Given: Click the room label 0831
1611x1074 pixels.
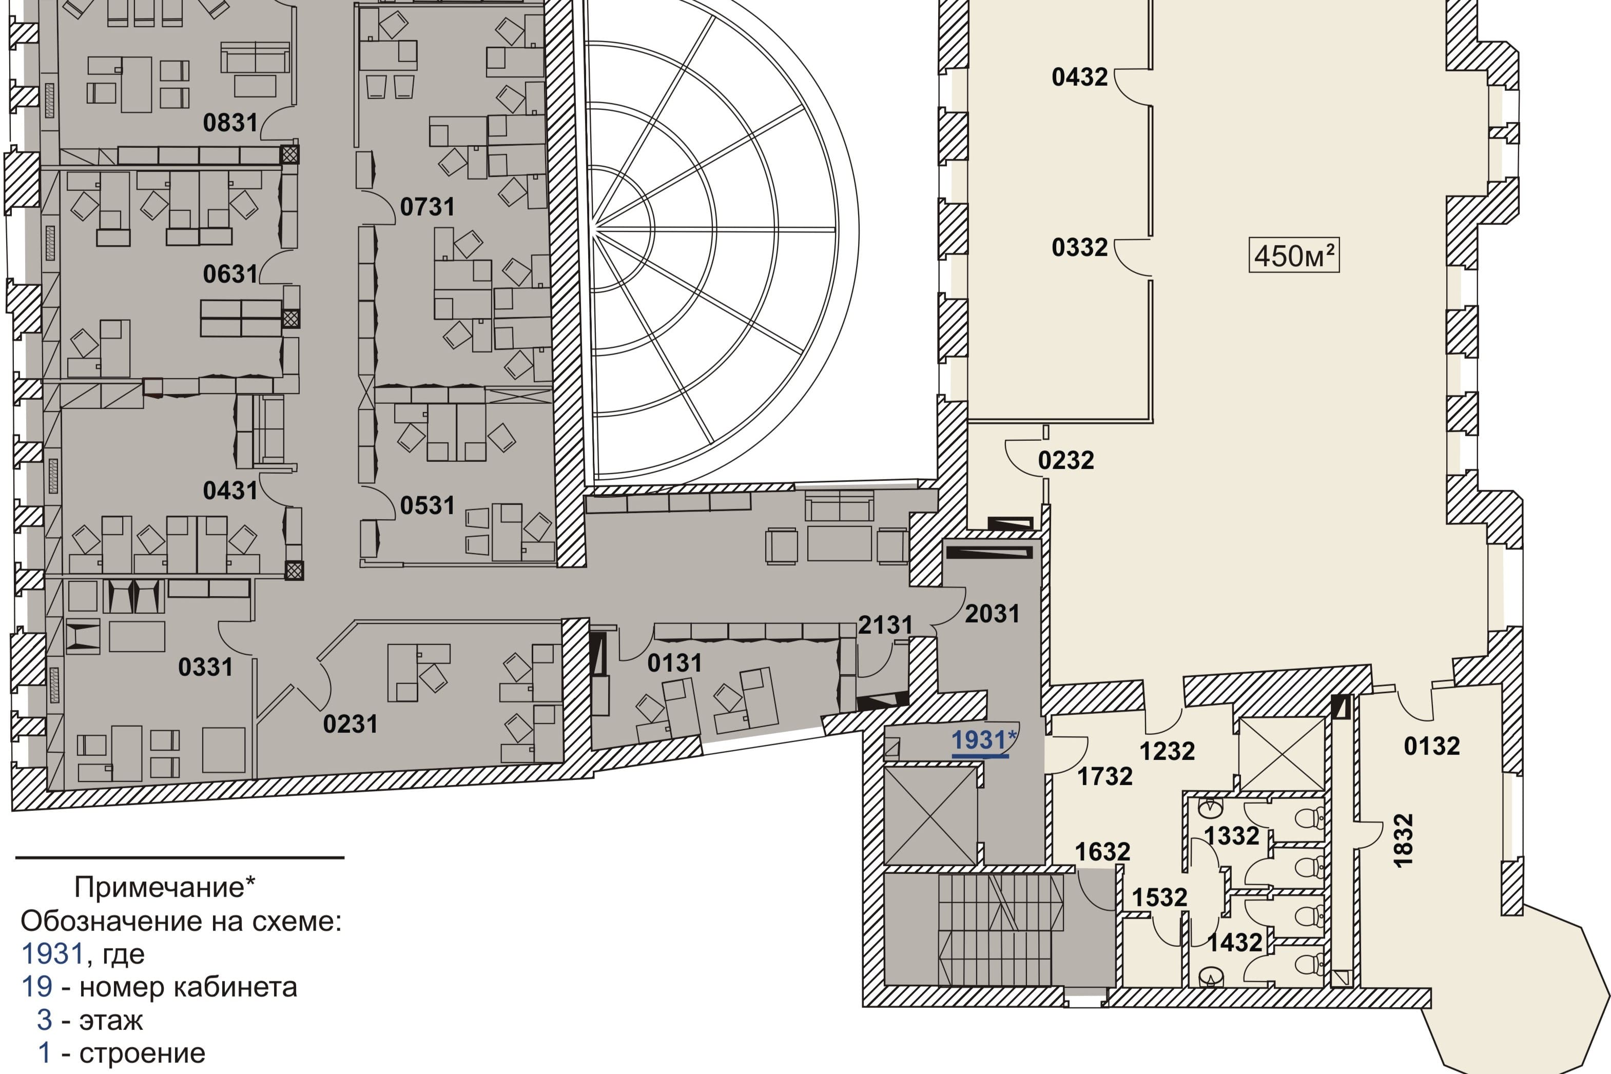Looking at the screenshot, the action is pos(230,123).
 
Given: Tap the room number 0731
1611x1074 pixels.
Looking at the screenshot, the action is pos(428,207).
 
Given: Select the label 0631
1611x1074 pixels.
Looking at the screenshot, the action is pos(230,275).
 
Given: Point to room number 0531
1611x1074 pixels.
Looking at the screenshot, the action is pos(428,506).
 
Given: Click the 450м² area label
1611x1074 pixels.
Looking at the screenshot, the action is pos(1294,256).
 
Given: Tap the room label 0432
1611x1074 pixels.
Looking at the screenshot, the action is pos(1079,77).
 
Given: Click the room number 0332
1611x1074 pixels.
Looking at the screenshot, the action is pos(1079,248).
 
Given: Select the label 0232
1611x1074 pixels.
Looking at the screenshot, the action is pos(1066,460).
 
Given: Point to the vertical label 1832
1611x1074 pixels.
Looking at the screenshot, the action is pos(1404,841).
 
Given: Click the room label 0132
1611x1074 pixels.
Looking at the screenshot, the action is pos(1431,746).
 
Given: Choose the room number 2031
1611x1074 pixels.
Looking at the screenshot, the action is pos(993,614).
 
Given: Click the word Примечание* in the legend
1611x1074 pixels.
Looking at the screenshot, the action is pos(164,888).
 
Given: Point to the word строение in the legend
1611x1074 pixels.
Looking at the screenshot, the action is pos(143,1053).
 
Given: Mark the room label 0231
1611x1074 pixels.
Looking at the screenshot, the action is pos(350,725).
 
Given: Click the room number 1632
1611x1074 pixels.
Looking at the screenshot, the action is pos(1102,852).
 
